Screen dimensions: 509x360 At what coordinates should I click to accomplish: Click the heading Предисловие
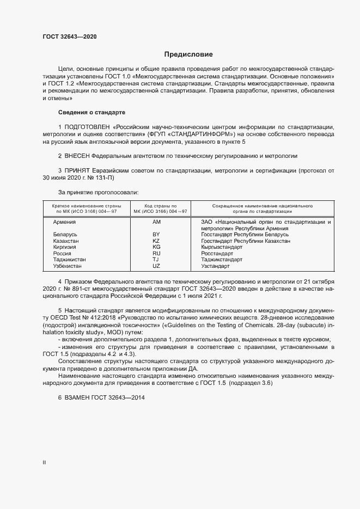189,54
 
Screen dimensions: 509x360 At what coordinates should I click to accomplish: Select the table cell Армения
64,222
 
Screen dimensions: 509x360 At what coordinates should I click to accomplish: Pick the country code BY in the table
156,234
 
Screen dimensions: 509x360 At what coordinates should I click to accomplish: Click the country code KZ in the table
156,241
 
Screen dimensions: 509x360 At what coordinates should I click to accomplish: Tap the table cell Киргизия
64,247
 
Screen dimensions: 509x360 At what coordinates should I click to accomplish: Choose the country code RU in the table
156,254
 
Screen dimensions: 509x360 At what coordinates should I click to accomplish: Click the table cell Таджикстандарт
222,260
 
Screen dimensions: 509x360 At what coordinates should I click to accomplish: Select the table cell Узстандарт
215,267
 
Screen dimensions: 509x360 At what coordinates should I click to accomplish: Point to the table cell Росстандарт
217,254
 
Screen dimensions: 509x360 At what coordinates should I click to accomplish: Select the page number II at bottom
44,463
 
